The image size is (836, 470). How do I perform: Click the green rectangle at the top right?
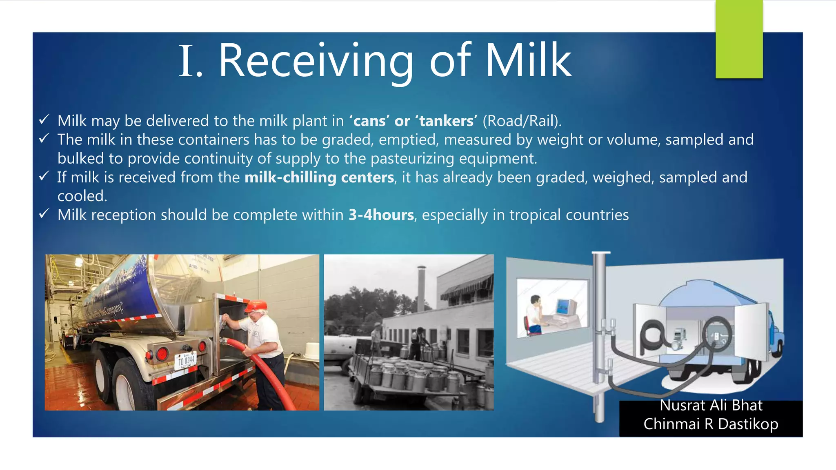(739, 40)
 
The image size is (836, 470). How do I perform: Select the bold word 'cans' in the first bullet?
(369, 121)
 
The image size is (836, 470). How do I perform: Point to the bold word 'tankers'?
(446, 121)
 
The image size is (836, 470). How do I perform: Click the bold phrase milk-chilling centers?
(319, 177)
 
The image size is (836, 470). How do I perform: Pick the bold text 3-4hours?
(381, 215)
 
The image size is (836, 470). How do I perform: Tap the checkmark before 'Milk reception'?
(44, 213)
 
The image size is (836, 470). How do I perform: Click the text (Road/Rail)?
(522, 121)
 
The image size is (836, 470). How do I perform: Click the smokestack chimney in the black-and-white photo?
(421, 288)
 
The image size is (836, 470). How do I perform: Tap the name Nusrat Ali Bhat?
(711, 406)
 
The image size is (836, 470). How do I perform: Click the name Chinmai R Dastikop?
(711, 424)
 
